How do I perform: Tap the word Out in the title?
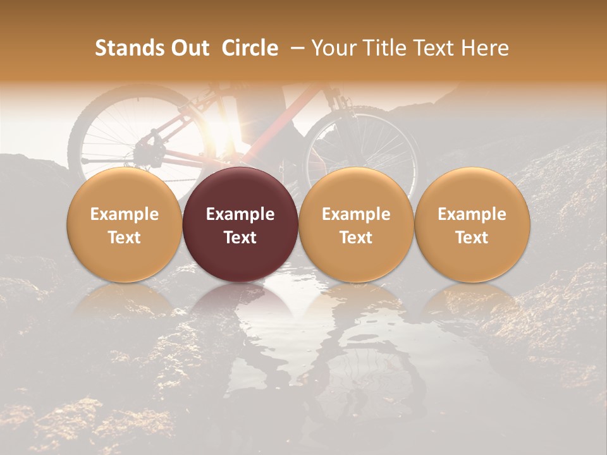click(188, 48)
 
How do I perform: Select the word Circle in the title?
click(250, 48)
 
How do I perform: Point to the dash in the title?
click(295, 48)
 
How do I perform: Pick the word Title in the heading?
click(386, 48)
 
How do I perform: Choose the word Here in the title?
click(486, 48)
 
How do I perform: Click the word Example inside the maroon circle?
click(240, 214)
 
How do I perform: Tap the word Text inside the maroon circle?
click(240, 238)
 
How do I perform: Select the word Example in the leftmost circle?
click(125, 214)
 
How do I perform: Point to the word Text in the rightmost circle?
click(472, 238)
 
